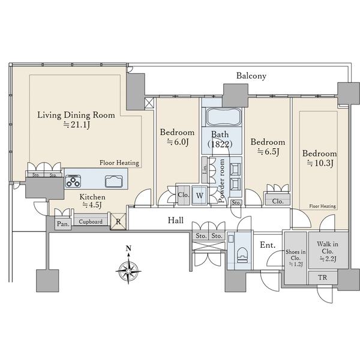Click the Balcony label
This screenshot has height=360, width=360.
click(251, 76)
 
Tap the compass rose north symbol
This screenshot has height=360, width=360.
click(128, 266)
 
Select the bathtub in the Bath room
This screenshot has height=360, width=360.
click(224, 116)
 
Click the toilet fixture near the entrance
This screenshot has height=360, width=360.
click(242, 255)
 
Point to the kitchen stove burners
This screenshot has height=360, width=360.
click(73, 181)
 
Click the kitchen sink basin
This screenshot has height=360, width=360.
click(114, 181)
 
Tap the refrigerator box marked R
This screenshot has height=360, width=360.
click(118, 221)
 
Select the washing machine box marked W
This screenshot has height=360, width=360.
click(200, 196)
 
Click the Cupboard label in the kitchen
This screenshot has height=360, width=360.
click(91, 222)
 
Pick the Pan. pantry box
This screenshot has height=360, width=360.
click(63, 223)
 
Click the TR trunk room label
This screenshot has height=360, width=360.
click(323, 278)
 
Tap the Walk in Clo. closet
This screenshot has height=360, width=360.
click(328, 250)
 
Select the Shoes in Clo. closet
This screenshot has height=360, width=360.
click(295, 258)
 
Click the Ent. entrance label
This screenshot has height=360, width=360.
click(268, 245)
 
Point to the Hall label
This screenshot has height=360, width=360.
click(176, 220)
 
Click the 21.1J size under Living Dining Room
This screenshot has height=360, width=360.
click(77, 125)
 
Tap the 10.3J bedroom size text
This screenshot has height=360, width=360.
click(320, 163)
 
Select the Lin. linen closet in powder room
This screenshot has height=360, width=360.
click(205, 170)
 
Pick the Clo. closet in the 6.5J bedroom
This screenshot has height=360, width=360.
click(278, 200)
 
